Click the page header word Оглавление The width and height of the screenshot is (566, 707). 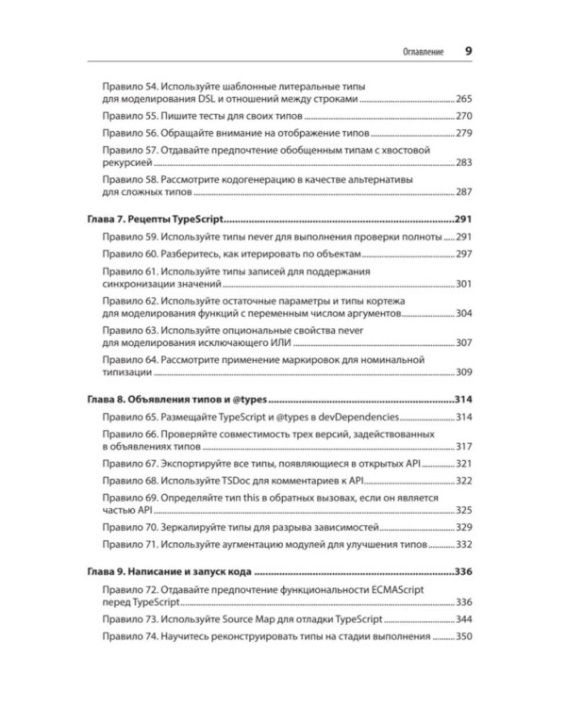click(417, 51)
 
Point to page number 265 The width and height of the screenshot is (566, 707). click(463, 99)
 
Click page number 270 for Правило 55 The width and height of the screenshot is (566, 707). click(463, 117)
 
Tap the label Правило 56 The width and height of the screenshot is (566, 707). click(129, 134)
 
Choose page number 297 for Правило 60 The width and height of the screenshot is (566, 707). click(463, 255)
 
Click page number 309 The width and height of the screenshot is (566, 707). click(463, 372)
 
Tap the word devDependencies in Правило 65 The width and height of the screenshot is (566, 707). click(359, 417)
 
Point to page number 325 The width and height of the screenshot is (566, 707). click(463, 509)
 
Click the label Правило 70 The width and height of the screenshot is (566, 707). click(129, 526)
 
